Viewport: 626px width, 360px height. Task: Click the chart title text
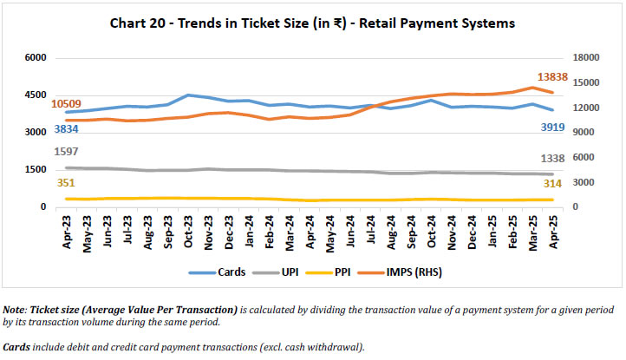(x=312, y=23)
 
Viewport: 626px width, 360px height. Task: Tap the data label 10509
(x=68, y=105)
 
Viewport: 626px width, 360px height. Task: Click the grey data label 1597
(x=67, y=151)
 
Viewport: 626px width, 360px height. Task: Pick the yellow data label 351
(x=65, y=183)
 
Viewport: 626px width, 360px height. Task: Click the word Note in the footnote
(x=15, y=310)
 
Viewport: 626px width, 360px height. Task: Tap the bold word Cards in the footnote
(x=17, y=347)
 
